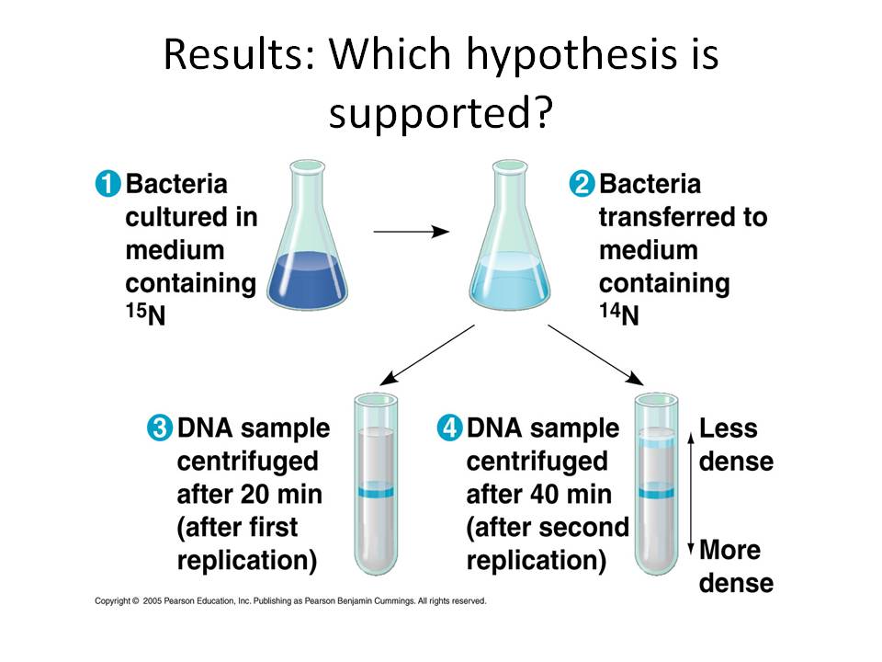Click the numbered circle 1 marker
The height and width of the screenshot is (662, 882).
[x=108, y=184]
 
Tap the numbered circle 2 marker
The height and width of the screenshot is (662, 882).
[x=582, y=184]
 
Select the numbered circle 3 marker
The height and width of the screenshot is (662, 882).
[x=160, y=428]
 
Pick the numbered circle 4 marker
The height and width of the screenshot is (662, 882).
[x=449, y=428]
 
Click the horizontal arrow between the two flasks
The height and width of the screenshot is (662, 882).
[x=412, y=232]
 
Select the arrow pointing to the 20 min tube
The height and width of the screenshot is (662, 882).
[x=427, y=355]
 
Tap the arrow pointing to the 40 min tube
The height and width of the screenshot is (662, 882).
[x=595, y=355]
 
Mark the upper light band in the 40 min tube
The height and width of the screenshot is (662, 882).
[x=656, y=440]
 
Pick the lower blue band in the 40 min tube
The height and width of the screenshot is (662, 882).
[x=656, y=491]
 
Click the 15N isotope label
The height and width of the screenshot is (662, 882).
[x=146, y=314]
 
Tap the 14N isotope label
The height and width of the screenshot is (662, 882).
[x=619, y=314]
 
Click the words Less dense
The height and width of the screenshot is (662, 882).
[x=736, y=445]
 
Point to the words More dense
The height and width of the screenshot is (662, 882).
[x=736, y=566]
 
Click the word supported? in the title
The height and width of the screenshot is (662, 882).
[x=441, y=112]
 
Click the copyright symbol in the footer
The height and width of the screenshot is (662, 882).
[x=135, y=600]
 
